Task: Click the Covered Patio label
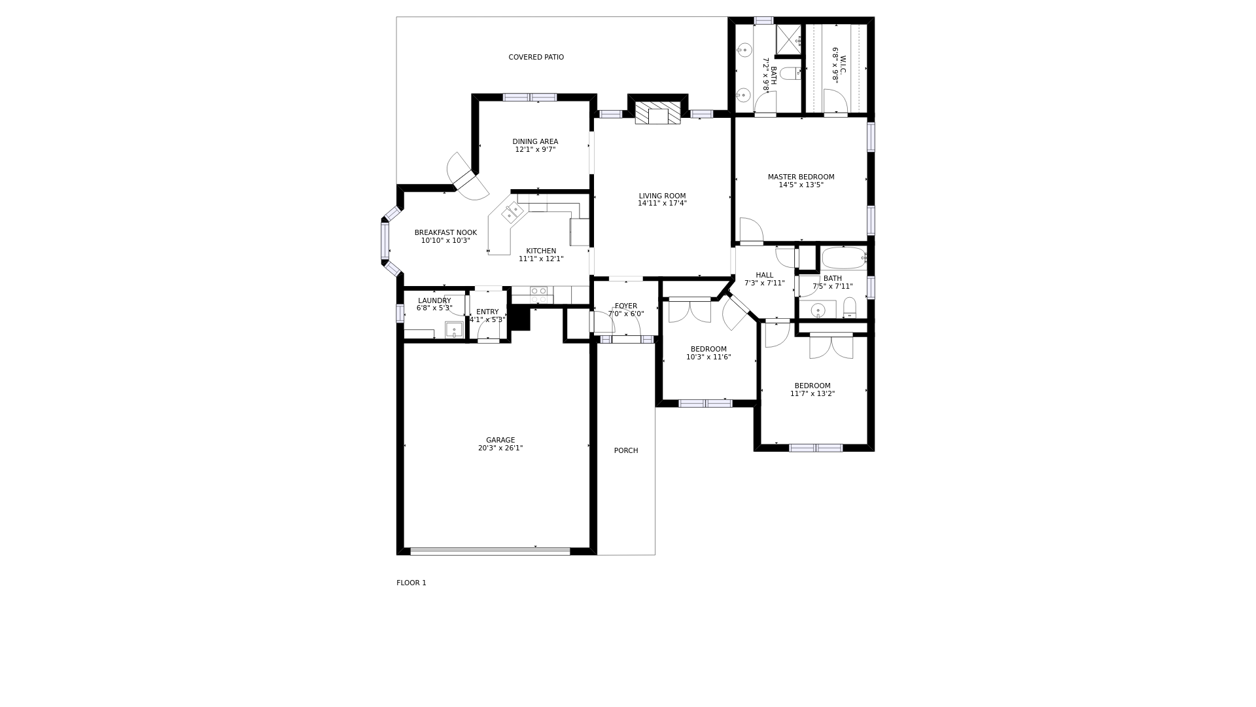[x=536, y=58]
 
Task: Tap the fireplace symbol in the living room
[x=657, y=114]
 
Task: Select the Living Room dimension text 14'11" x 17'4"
[x=662, y=204]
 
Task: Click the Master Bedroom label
[x=801, y=177]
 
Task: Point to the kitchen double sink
[x=513, y=212]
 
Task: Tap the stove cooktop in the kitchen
[x=538, y=295]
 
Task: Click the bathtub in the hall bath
[x=843, y=258]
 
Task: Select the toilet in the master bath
[x=790, y=73]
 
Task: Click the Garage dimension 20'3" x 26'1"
[x=500, y=448]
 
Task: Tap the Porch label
[x=626, y=451]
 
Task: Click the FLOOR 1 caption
[x=411, y=583]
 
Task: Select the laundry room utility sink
[x=454, y=329]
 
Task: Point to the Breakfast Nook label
[x=445, y=233]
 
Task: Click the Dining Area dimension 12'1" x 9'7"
[x=535, y=150]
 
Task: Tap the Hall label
[x=764, y=276]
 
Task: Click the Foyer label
[x=626, y=306]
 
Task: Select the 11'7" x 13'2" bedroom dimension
[x=812, y=394]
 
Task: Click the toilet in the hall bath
[x=849, y=308]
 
